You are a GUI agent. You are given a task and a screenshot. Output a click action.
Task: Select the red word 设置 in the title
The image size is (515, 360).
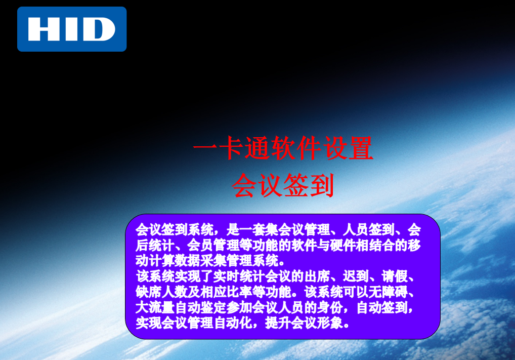(x=349, y=148)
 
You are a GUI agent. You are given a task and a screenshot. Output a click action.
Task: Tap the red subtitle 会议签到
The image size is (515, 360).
(x=283, y=185)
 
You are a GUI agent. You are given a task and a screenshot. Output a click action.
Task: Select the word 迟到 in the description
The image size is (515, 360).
(x=355, y=276)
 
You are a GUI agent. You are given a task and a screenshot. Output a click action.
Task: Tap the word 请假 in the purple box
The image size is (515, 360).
(x=395, y=276)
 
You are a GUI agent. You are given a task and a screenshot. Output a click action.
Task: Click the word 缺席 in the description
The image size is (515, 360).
(x=148, y=292)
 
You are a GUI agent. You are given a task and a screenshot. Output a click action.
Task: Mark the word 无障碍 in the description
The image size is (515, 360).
(x=388, y=292)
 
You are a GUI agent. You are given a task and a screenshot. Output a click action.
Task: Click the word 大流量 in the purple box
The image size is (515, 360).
(x=155, y=307)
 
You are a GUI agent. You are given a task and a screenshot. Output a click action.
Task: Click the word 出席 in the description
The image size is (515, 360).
(x=317, y=276)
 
